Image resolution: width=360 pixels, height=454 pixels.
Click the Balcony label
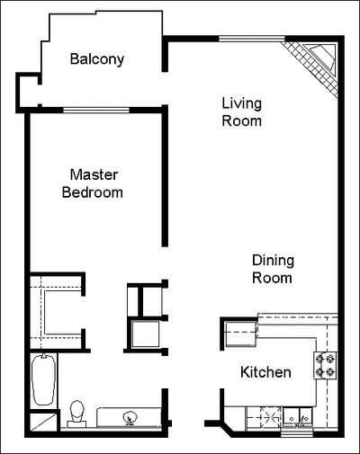tap(97, 59)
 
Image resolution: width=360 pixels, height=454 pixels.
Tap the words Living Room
tap(242, 112)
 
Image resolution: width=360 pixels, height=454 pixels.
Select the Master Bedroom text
tap(93, 183)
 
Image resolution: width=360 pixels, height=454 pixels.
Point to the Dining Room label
tap(273, 269)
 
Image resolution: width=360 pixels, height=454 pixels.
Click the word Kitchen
tap(265, 372)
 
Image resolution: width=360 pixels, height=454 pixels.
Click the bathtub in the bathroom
tap(44, 379)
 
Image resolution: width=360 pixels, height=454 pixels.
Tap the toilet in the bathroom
tap(76, 414)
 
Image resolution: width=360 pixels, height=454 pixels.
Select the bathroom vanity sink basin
tap(130, 417)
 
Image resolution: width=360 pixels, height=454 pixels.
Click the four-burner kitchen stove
tap(325, 365)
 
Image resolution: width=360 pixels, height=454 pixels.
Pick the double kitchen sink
tap(298, 417)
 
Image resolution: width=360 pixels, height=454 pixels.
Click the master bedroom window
tap(96, 111)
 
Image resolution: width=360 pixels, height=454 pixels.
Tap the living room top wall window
tap(252, 39)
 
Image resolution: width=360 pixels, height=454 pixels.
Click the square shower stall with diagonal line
tap(44, 422)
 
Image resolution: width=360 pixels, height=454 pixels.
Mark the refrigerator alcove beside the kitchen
tap(241, 334)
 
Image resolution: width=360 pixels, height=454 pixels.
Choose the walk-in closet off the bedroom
tap(56, 312)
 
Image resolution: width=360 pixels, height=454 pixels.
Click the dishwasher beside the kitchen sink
tap(265, 417)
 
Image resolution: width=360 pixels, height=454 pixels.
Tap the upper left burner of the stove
tap(319, 359)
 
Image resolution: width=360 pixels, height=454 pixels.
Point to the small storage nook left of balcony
tap(29, 91)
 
